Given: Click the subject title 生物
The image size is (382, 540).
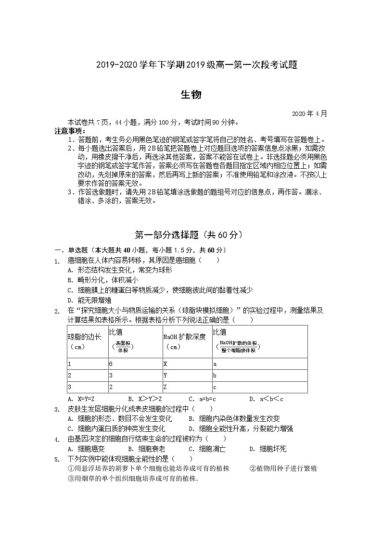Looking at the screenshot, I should tap(191, 95).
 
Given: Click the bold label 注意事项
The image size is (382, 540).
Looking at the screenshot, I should tap(70, 131).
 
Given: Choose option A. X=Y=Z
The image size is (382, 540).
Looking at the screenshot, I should tap(81, 399).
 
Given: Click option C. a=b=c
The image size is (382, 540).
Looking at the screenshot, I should tap(202, 399).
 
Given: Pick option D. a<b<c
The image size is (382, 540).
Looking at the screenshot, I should tap(266, 399).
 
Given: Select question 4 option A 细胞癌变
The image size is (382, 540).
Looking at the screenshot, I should tap(87, 449).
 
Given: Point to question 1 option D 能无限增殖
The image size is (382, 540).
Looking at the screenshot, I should tap(90, 300).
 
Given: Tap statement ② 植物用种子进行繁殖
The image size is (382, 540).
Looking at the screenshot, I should tap(283, 468).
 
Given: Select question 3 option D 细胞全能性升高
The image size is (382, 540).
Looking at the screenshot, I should tap(241, 428).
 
